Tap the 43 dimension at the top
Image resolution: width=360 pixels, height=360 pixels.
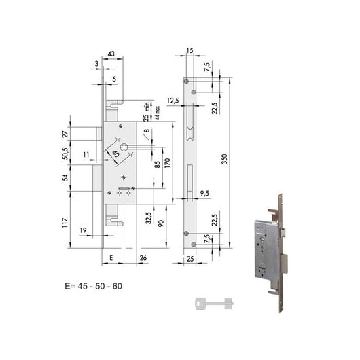point(111,53)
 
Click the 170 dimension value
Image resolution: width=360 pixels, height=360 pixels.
point(166,164)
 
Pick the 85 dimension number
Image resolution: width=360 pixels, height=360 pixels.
point(157,164)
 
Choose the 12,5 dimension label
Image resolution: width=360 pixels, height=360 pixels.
point(173,101)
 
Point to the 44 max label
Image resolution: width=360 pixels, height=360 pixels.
point(157,109)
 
